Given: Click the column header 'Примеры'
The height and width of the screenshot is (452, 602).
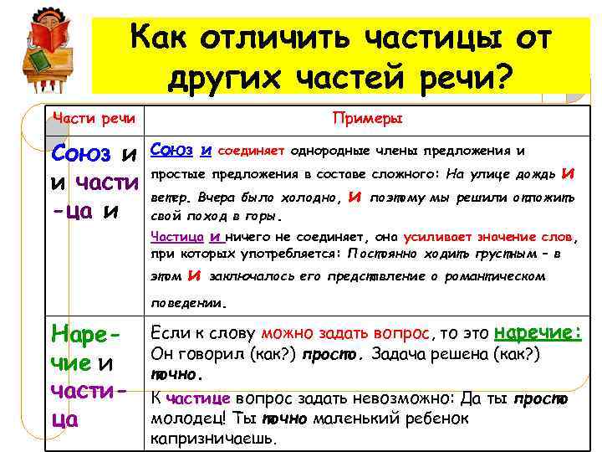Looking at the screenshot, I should (x=368, y=119).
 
